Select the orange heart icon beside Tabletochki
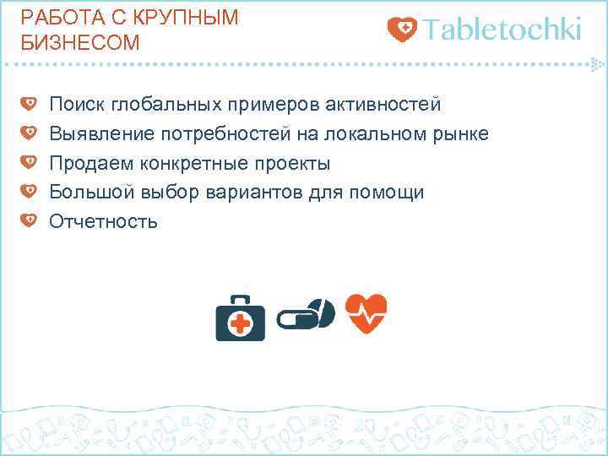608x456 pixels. coord(402,30)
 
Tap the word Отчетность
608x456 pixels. coord(104,221)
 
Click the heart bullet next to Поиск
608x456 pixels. coord(28,104)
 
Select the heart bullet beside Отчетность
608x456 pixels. coord(28,220)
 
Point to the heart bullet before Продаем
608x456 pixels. coord(28,162)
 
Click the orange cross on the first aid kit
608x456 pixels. coord(241,323)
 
